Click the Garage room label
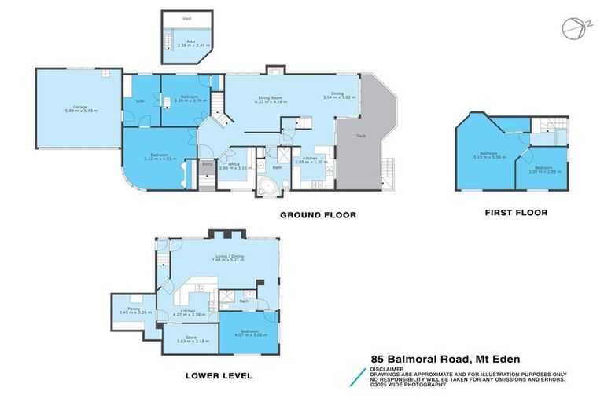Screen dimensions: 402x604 [x=79, y=106]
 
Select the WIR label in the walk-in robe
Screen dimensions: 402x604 [x=139, y=100]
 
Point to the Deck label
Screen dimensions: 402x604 [x=361, y=136]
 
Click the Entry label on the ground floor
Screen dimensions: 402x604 [x=208, y=164]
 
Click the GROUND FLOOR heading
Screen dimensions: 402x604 [x=319, y=214]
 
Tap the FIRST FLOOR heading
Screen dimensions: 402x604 [x=516, y=212]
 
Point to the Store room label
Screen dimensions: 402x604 [x=191, y=338]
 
